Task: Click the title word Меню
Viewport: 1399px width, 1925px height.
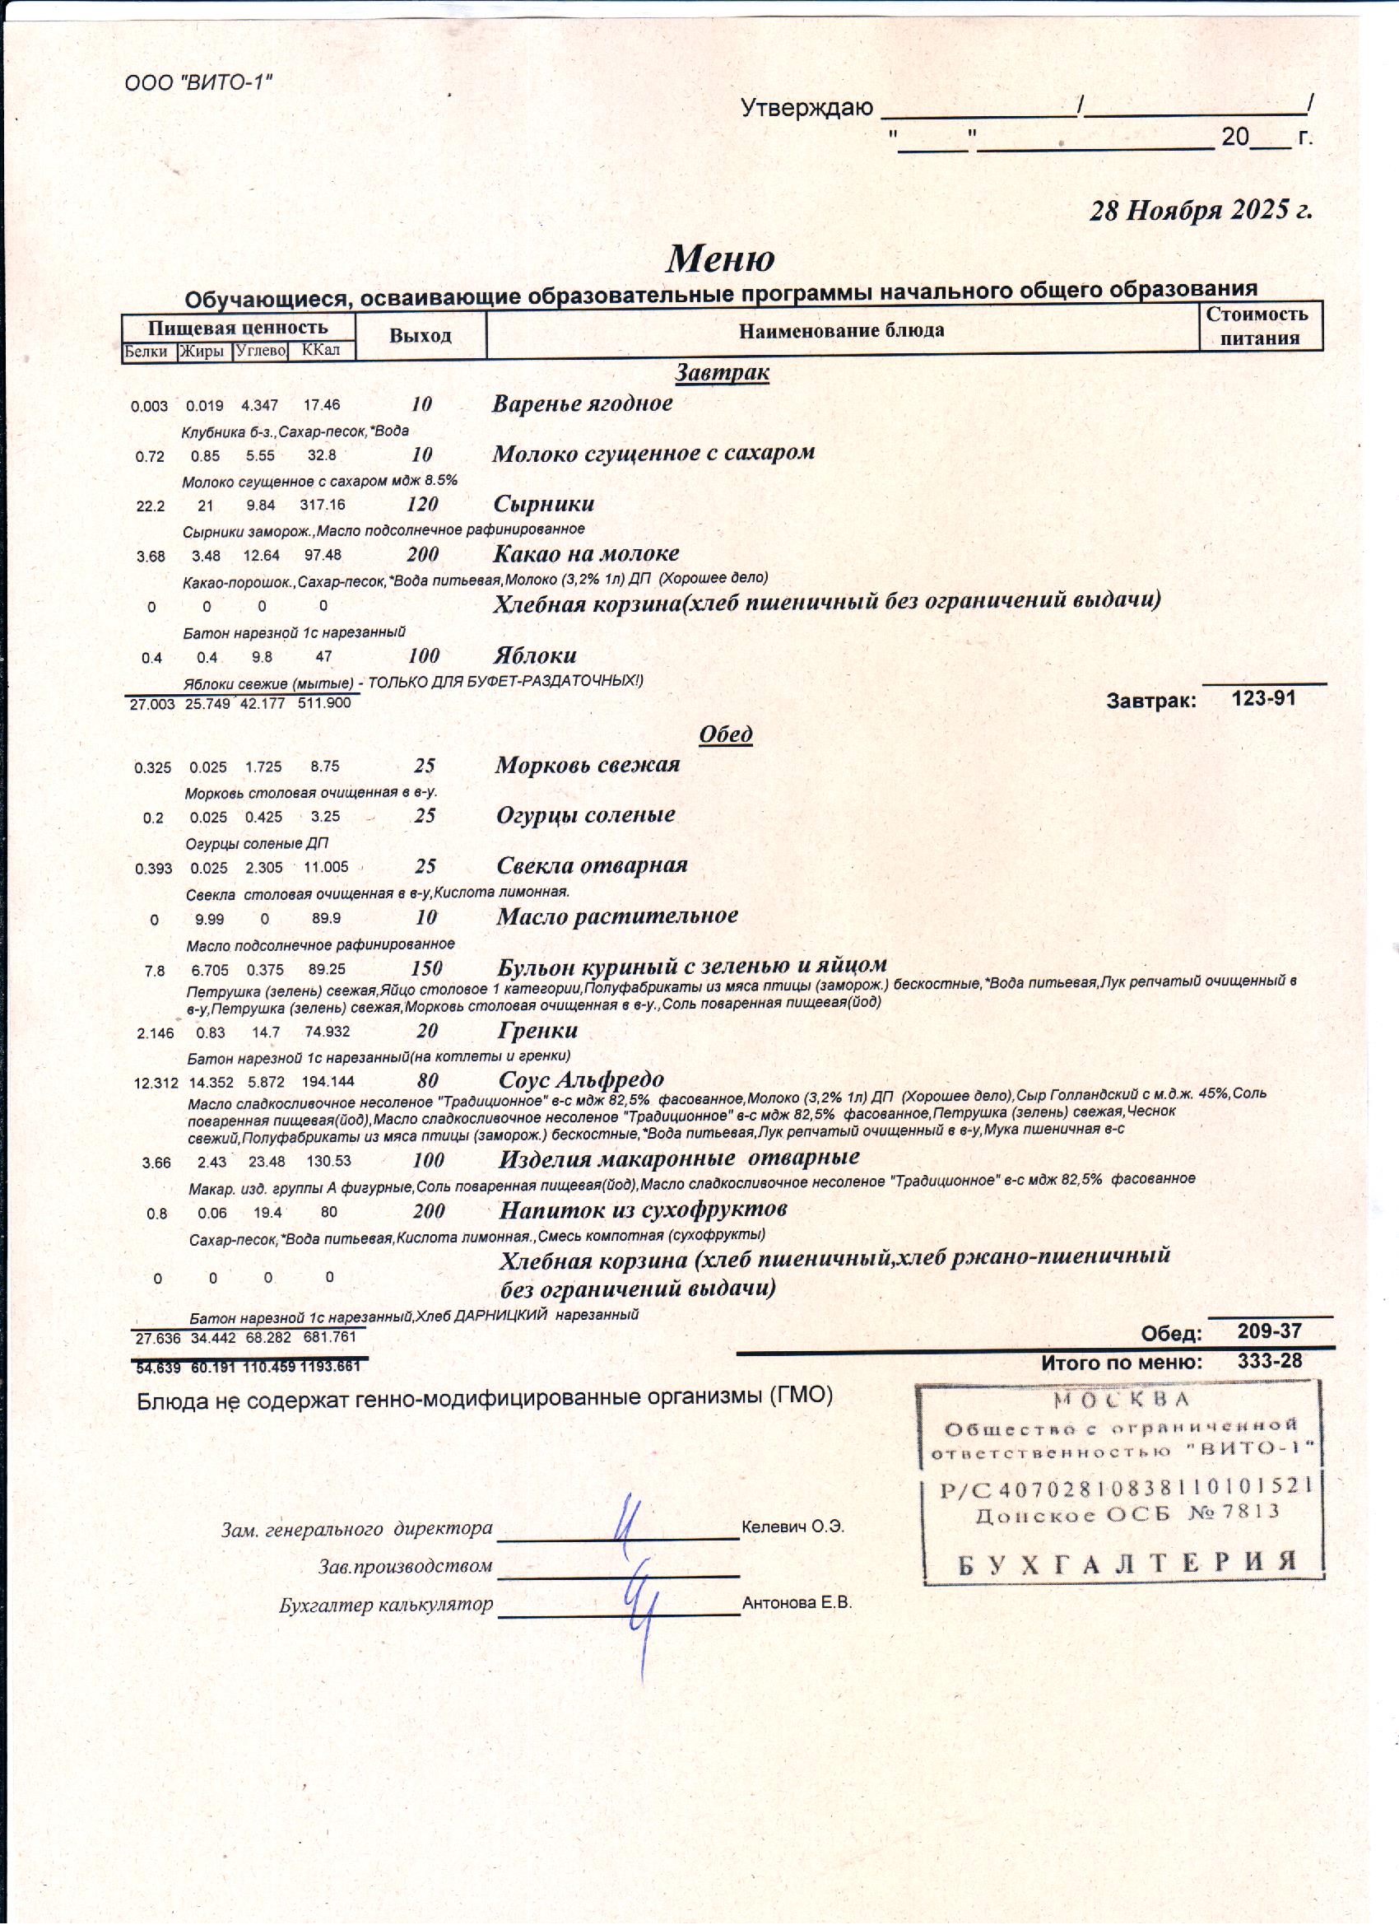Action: coord(719,258)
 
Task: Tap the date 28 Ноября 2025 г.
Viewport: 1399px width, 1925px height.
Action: coord(1201,210)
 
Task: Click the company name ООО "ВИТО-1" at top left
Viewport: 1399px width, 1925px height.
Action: coord(198,83)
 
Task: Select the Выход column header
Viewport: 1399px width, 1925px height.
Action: coord(420,335)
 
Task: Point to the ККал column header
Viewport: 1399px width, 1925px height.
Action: coord(321,351)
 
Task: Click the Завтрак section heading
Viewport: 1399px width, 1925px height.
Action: coord(722,372)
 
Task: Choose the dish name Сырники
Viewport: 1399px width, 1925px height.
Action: coord(544,503)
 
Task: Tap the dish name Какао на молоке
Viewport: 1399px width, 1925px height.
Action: coord(586,553)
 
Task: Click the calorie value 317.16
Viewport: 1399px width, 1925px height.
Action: coord(323,505)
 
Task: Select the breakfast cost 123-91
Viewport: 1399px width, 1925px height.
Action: coord(1263,698)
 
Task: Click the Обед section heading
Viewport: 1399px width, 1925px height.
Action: coord(725,734)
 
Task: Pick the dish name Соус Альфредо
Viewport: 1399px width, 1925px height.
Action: coord(581,1079)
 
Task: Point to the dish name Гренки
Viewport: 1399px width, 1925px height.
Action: coord(538,1030)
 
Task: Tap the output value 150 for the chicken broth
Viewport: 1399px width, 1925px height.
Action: coord(426,968)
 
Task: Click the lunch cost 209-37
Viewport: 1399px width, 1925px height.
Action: coord(1269,1331)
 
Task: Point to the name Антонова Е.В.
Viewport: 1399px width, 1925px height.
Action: coord(797,1603)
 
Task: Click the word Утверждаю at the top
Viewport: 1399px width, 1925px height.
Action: coord(806,108)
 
